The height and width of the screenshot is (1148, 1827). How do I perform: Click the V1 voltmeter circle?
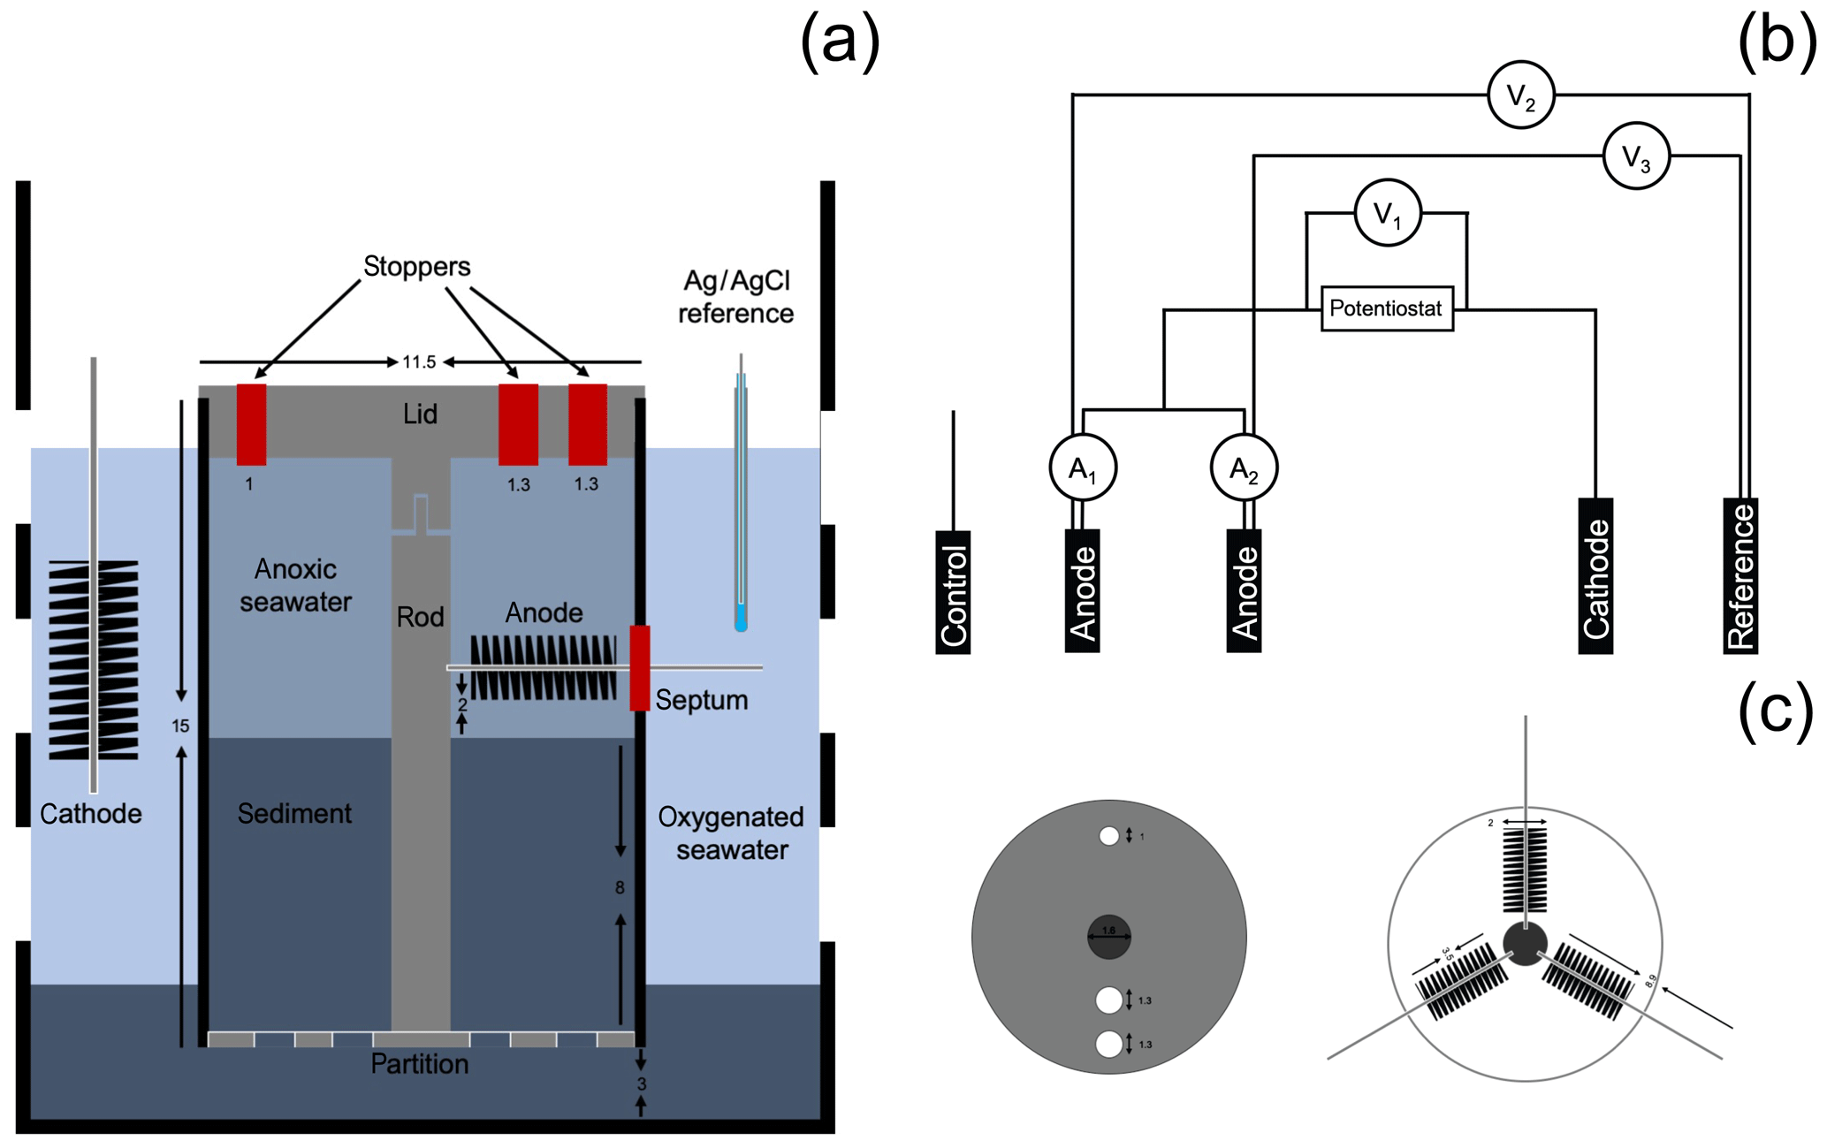pyautogui.click(x=1387, y=213)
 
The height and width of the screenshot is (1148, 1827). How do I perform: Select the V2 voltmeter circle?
pyautogui.click(x=1520, y=95)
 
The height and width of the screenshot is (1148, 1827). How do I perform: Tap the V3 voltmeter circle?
pyautogui.click(x=1636, y=156)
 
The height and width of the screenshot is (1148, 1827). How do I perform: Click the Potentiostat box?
pyautogui.click(x=1386, y=308)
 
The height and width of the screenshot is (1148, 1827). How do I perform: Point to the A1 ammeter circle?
pyautogui.click(x=1083, y=468)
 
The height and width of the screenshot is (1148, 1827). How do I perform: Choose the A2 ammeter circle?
pyautogui.click(x=1244, y=468)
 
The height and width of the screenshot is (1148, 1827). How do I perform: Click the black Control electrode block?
pyautogui.click(x=953, y=592)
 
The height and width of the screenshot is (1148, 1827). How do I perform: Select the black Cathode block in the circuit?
pyautogui.click(x=1595, y=576)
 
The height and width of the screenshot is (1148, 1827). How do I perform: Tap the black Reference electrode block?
pyautogui.click(x=1740, y=576)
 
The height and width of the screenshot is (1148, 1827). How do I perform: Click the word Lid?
pyautogui.click(x=420, y=414)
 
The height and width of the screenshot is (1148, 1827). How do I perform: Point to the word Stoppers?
pyautogui.click(x=416, y=266)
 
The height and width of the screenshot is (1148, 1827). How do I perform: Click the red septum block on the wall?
pyautogui.click(x=640, y=668)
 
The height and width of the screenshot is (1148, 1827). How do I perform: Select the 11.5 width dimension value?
pyautogui.click(x=419, y=362)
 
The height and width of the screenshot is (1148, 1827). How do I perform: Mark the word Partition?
pyautogui.click(x=419, y=1063)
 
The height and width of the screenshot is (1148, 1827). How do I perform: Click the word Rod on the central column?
pyautogui.click(x=420, y=617)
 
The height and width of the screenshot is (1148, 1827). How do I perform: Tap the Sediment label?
pyautogui.click(x=294, y=813)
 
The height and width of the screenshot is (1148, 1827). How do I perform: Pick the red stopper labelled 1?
pyautogui.click(x=251, y=424)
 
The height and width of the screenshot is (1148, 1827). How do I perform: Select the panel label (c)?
pyautogui.click(x=1775, y=711)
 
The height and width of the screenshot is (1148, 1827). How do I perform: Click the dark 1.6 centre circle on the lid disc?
pyautogui.click(x=1108, y=937)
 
